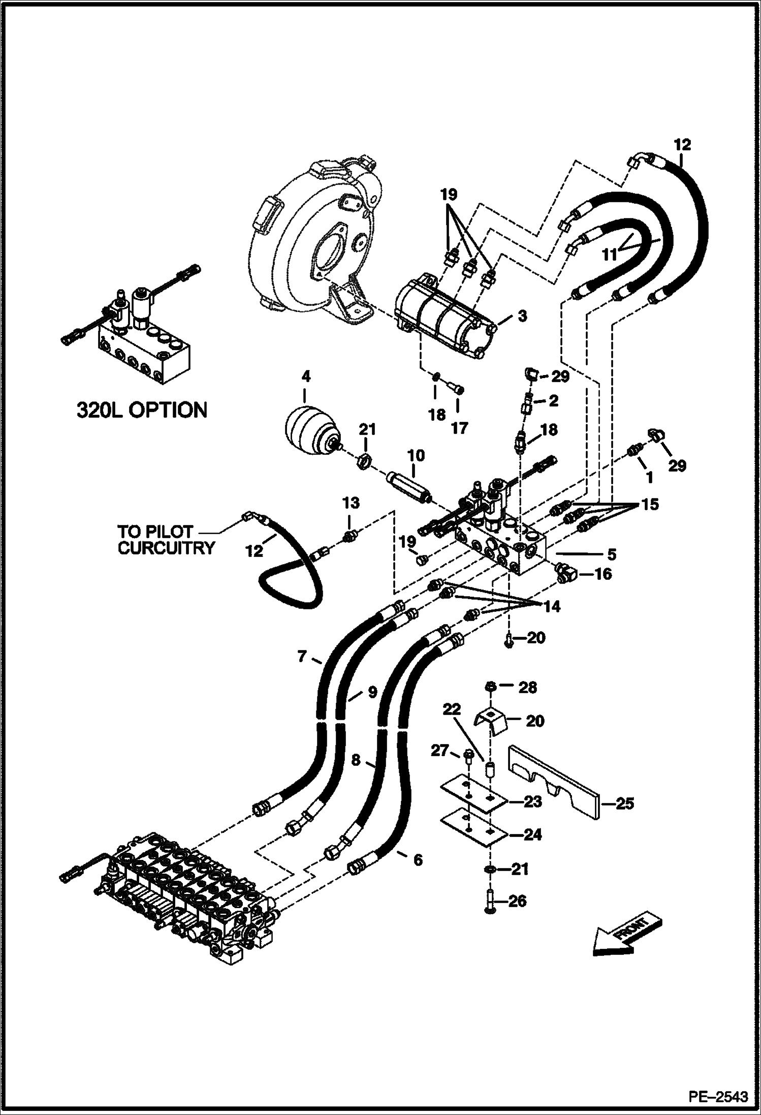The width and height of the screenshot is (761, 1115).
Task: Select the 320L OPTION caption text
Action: coord(142,410)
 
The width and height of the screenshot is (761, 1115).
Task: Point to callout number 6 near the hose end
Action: coord(418,859)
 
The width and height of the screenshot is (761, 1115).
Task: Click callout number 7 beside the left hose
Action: coord(302,657)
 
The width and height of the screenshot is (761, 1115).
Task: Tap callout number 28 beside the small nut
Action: coord(527,687)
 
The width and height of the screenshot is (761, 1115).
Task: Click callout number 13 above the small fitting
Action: coord(351,503)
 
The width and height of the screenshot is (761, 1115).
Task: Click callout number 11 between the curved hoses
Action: coord(609,254)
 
